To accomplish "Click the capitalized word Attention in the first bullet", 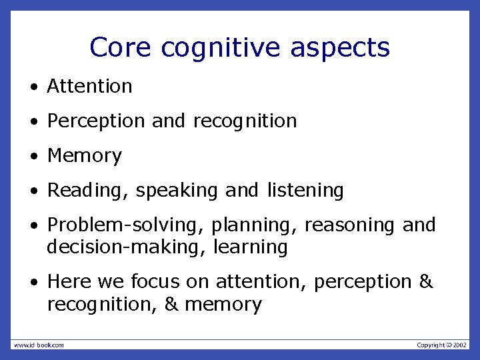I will [89, 87].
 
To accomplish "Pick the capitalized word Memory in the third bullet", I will [85, 156].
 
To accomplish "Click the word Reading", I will [87, 191].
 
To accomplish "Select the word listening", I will [305, 191].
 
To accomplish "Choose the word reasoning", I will [350, 226].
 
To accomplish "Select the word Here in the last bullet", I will [69, 283].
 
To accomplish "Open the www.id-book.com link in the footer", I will [39, 345].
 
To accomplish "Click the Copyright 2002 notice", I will [442, 345].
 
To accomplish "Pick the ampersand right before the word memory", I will [171, 305].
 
